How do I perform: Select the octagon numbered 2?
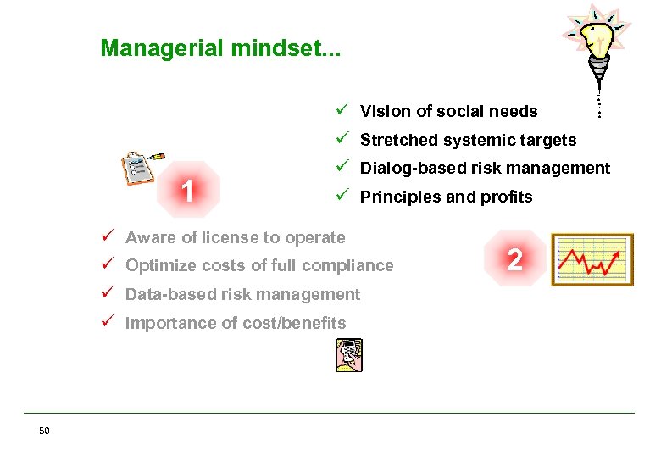pos(514,258)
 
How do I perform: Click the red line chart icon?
pos(592,259)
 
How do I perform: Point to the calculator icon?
pos(348,354)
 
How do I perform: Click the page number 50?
pos(44,431)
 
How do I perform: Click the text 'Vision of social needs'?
pos(448,112)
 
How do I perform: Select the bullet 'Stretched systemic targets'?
pos(468,141)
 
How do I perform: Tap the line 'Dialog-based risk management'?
pos(485,169)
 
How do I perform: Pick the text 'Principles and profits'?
pos(446,197)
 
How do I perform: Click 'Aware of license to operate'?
pos(235,238)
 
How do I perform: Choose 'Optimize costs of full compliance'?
pos(259,266)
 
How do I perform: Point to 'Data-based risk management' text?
pos(242,295)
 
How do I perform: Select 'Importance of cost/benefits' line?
pos(236,323)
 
